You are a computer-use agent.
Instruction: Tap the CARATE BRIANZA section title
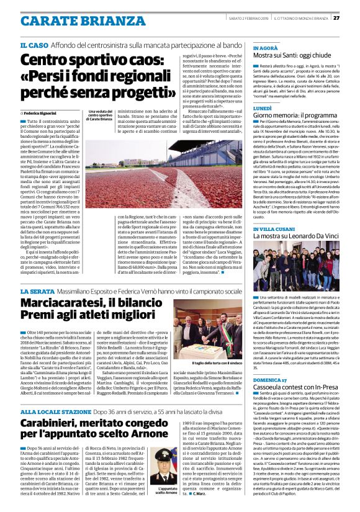pyautogui.click(x=74, y=20)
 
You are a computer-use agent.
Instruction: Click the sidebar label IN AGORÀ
pyautogui.click(x=266, y=47)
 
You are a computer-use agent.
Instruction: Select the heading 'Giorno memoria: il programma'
pyautogui.click(x=295, y=116)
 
